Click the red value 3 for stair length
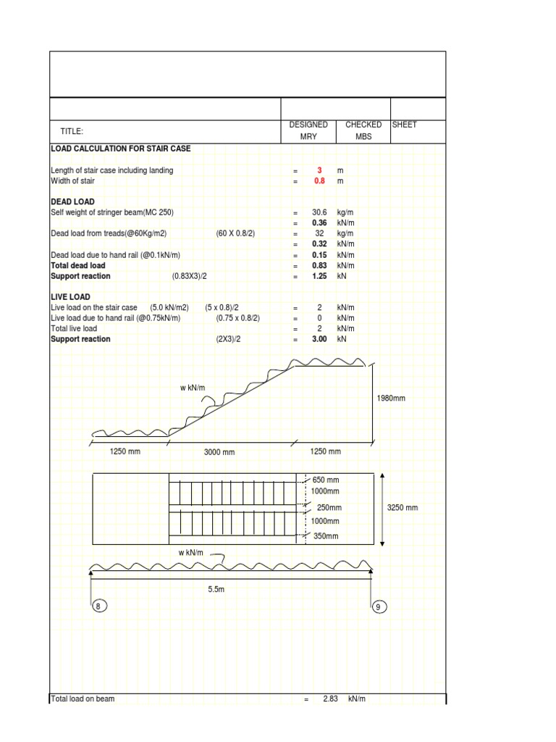(x=319, y=170)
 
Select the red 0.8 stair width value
(x=319, y=181)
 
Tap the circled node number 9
(x=377, y=606)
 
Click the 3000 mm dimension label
(x=219, y=452)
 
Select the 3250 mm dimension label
(x=403, y=508)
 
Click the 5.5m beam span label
(x=216, y=590)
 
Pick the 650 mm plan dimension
(x=325, y=480)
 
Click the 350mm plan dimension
(x=326, y=536)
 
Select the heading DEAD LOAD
(x=72, y=201)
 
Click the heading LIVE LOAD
(x=70, y=297)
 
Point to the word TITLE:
(x=72, y=131)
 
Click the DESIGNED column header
(x=308, y=125)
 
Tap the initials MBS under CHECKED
(x=363, y=137)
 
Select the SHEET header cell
(x=405, y=125)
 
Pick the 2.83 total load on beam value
(x=331, y=699)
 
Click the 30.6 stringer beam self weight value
(x=319, y=213)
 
